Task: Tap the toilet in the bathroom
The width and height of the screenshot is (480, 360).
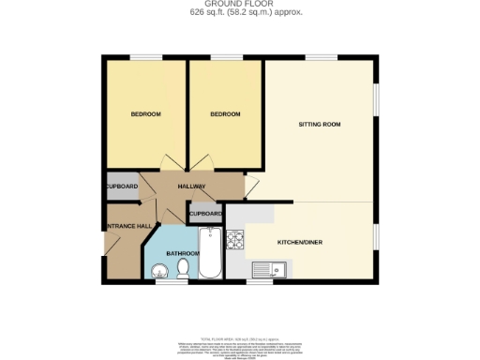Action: pos(183,269)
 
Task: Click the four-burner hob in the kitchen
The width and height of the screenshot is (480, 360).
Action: pos(235,239)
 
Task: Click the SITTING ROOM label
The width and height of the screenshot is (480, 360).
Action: pos(318,124)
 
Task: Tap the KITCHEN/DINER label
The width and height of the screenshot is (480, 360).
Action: pos(299,241)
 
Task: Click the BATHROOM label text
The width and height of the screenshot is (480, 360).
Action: pos(183,253)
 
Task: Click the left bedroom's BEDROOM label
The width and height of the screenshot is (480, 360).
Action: pos(145,114)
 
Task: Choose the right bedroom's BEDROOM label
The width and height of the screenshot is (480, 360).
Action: pos(225,114)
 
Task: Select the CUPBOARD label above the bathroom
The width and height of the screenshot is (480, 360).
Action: pos(206,214)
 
